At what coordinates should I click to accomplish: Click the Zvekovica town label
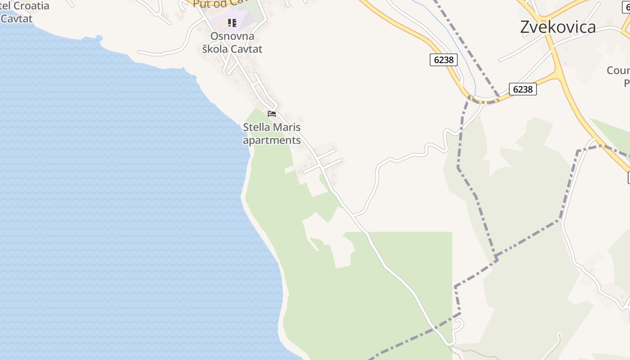(x=558, y=27)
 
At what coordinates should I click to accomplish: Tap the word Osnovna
(x=232, y=36)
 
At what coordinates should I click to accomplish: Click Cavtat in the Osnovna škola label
(x=247, y=49)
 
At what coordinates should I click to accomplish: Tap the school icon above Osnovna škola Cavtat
(x=232, y=22)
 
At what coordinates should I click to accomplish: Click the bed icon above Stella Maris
(x=271, y=114)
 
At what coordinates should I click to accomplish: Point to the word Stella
(x=256, y=127)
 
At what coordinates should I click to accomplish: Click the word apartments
(x=272, y=140)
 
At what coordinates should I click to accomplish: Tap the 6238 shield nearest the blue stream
(x=443, y=60)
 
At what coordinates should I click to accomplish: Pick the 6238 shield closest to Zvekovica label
(x=522, y=89)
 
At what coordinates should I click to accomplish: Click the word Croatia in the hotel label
(x=29, y=6)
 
